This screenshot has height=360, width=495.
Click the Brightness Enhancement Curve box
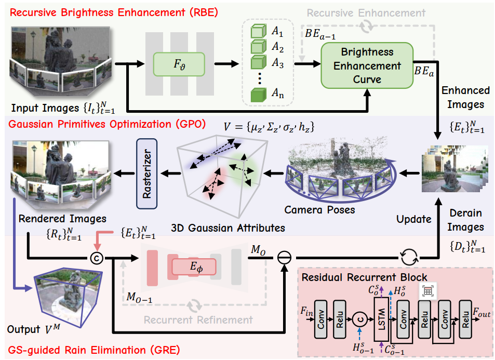pos(367,65)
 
